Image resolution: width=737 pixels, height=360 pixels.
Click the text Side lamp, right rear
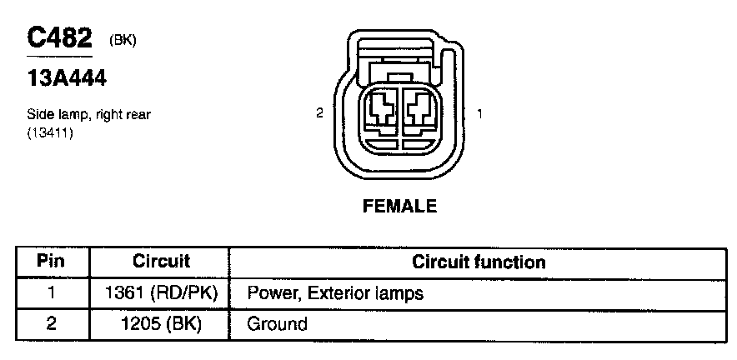pyautogui.click(x=88, y=115)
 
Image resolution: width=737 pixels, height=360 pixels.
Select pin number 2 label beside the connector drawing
pyautogui.click(x=319, y=113)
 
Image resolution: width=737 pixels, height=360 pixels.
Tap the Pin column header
pyautogui.click(x=51, y=262)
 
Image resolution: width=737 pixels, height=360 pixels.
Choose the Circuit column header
pyautogui.click(x=162, y=262)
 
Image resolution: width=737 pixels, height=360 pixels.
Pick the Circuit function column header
pyautogui.click(x=479, y=262)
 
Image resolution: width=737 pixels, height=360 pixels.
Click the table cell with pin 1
pyautogui.click(x=51, y=292)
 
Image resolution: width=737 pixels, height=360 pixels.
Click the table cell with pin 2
pyautogui.click(x=51, y=323)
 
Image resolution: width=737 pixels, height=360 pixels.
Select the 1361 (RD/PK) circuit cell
pyautogui.click(x=162, y=292)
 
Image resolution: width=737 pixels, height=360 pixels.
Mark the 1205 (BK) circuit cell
pyautogui.click(x=162, y=323)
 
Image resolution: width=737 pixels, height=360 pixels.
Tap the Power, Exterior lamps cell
pyautogui.click(x=335, y=293)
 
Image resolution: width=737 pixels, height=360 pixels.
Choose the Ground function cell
pyautogui.click(x=277, y=323)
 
